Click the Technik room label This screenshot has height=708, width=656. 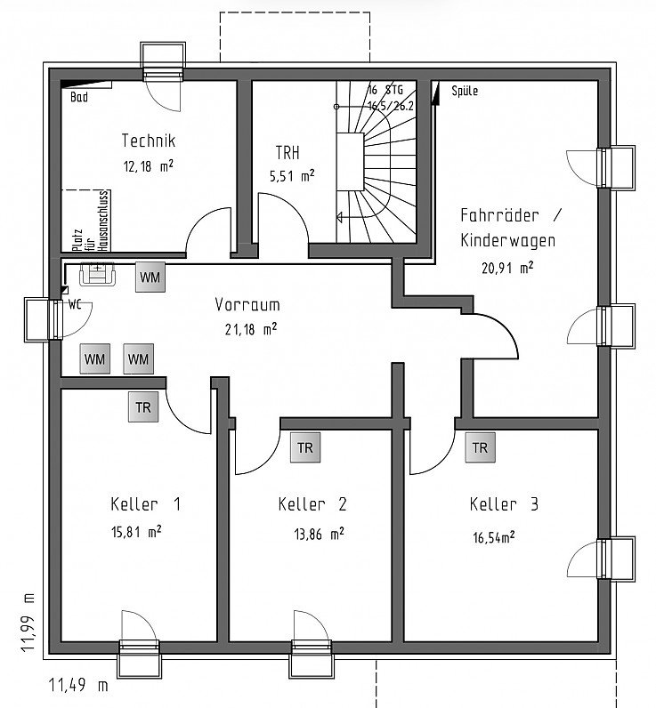point(148,141)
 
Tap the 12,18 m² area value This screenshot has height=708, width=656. point(148,166)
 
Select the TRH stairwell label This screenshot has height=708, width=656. point(288,153)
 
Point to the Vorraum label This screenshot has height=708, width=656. point(247,305)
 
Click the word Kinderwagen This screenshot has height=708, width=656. point(508,240)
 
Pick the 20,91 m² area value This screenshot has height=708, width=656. point(507,268)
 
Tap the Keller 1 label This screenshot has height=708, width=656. point(145,504)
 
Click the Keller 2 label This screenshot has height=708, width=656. point(312,504)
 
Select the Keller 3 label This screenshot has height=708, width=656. point(504,504)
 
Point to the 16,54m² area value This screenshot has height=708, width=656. point(494,537)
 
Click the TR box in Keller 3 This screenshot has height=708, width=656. point(481,447)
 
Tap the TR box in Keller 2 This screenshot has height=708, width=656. point(305,447)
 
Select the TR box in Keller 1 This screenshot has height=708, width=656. point(143,407)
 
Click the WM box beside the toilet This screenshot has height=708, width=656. point(150,277)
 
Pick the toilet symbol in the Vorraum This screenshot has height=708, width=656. point(98,274)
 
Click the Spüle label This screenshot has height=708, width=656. point(465,91)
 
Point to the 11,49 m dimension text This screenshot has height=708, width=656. point(78,685)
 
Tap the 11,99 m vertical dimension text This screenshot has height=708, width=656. point(28,622)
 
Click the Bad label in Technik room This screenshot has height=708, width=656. point(79,97)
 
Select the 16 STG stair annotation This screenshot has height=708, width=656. point(385,90)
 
